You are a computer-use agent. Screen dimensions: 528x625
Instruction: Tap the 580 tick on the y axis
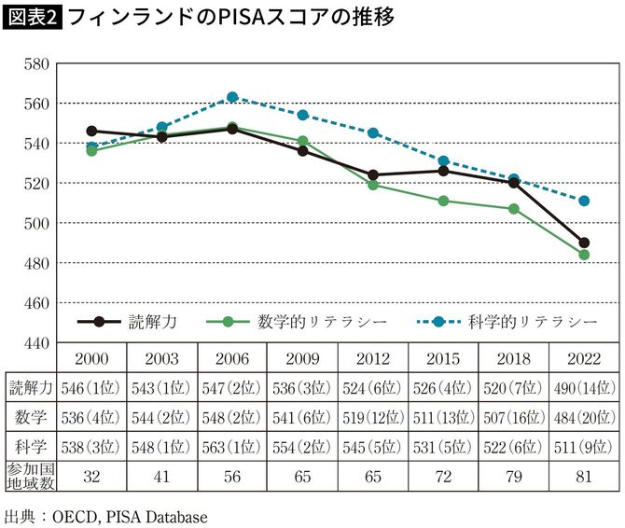pyautogui.click(x=35, y=63)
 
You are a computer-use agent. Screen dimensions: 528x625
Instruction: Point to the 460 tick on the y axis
pyautogui.click(x=35, y=303)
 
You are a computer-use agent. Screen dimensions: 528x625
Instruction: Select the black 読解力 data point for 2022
pyautogui.click(x=584, y=243)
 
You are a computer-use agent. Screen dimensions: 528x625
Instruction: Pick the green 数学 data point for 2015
pyautogui.click(x=443, y=201)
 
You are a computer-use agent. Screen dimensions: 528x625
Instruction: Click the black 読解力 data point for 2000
pyautogui.click(x=91, y=132)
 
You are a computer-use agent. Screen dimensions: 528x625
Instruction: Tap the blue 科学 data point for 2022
pyautogui.click(x=584, y=201)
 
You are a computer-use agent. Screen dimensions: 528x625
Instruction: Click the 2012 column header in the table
pyautogui.click(x=372, y=359)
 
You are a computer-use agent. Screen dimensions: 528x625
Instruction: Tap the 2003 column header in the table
pyautogui.click(x=161, y=359)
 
